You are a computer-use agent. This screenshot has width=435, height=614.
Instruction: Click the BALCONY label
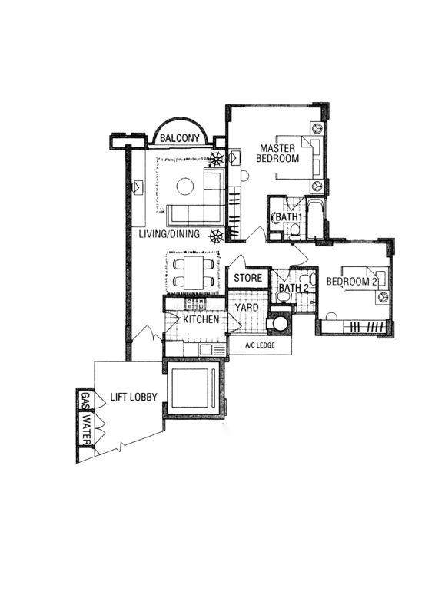(180, 138)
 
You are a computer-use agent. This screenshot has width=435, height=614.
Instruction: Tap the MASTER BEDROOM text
(277, 153)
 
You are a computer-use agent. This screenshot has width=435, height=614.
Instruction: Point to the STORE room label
(248, 278)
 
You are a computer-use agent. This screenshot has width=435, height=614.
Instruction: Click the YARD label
(247, 308)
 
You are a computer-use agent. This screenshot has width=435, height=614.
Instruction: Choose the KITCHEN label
(201, 319)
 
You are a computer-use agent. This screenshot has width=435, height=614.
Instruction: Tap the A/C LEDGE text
(260, 345)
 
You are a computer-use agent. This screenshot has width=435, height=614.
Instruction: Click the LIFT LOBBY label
(134, 397)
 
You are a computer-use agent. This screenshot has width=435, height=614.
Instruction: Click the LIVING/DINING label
(169, 234)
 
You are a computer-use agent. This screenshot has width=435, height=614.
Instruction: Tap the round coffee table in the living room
(185, 187)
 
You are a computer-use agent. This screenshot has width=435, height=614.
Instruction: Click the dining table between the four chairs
(194, 273)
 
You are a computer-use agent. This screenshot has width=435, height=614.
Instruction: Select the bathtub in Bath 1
(315, 220)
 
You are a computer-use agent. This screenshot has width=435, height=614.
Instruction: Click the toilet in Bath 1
(294, 231)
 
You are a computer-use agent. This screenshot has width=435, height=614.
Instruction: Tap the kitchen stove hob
(195, 302)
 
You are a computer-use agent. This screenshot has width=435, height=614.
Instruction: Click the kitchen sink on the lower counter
(205, 350)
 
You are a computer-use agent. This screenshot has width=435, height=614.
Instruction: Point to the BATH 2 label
(294, 288)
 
